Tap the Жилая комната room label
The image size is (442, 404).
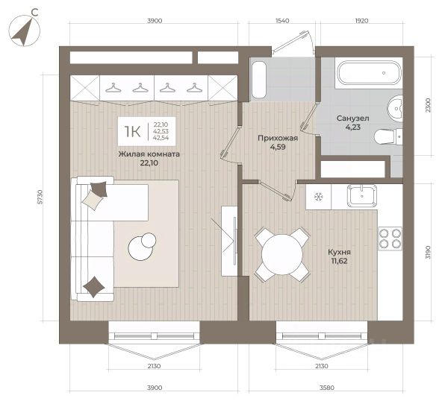pos(149,154)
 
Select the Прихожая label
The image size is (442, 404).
pos(278,138)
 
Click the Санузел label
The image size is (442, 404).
pos(352,119)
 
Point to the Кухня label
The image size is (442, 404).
pos(339,252)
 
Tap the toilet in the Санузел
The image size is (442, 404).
pos(388,137)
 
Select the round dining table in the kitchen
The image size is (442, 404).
pos(282,255)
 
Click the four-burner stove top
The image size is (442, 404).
pos(390,239)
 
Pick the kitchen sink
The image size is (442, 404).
pos(362,196)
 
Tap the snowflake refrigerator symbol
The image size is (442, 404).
pos(319,196)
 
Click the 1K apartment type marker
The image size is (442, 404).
pos(132,131)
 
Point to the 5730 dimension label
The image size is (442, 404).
pos(40,197)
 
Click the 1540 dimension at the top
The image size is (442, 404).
pos(282,21)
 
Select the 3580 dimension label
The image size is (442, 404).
pos(327,388)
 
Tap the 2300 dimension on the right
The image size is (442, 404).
pos(429,106)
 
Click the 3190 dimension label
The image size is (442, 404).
pos(429,253)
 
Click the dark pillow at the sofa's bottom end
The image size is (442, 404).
pos(94,287)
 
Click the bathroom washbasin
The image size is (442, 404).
pos(395,108)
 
